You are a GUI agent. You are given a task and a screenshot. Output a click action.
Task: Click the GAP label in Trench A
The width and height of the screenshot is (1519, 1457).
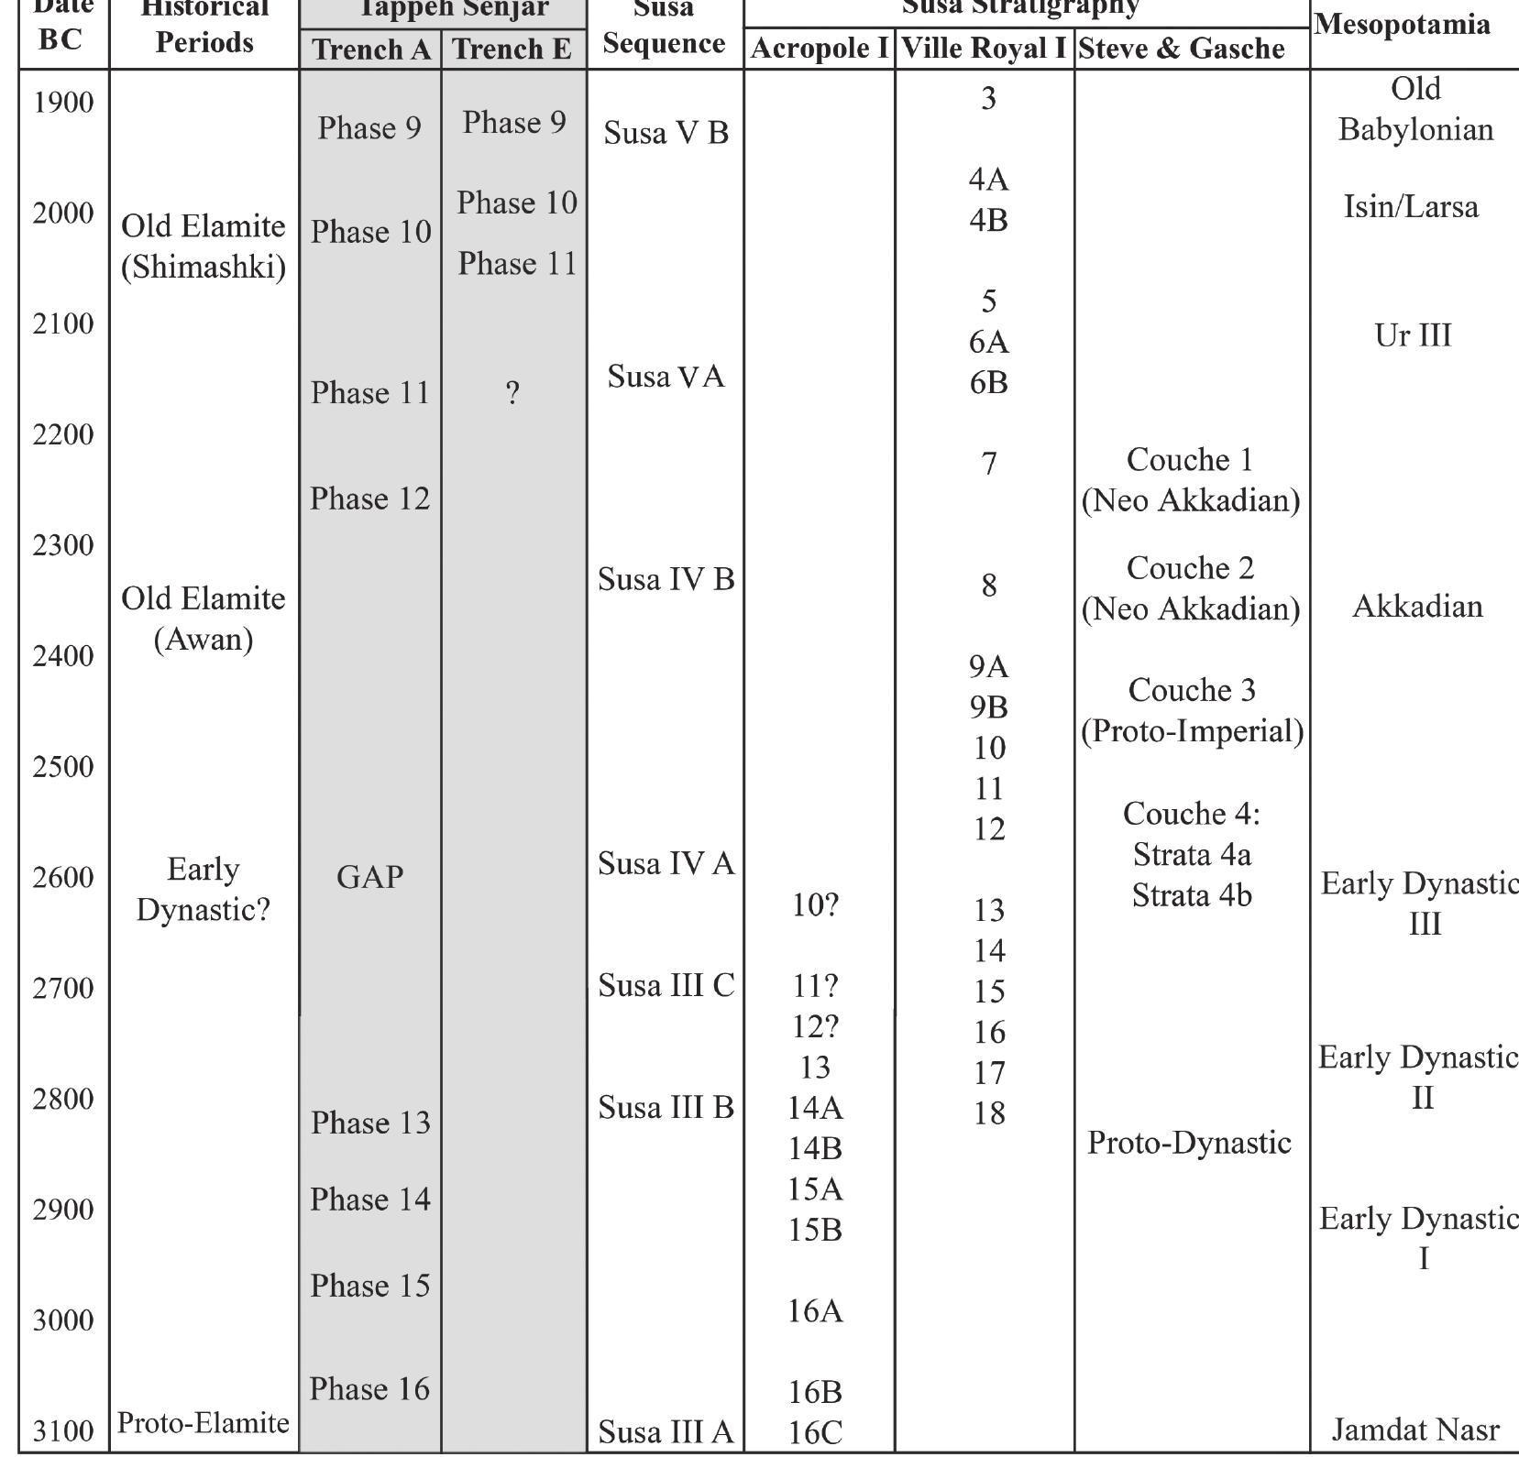[x=369, y=877]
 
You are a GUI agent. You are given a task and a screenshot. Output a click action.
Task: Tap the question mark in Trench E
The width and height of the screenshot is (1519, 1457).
[x=512, y=393]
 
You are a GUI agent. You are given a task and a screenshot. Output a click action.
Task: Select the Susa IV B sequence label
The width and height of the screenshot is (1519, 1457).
[x=666, y=579]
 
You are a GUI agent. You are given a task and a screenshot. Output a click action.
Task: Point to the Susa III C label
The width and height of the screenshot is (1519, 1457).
[x=666, y=985]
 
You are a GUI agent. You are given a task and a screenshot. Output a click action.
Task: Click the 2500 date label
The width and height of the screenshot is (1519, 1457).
[x=63, y=766]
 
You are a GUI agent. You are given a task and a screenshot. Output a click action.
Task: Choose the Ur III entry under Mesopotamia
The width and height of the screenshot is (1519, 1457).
[x=1413, y=335]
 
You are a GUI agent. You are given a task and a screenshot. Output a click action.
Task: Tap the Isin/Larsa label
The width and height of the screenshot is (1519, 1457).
[x=1411, y=207]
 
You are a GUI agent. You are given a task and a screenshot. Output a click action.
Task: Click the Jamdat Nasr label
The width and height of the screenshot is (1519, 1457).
[x=1414, y=1430]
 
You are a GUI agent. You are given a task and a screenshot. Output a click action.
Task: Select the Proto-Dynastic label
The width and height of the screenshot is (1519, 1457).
[x=1189, y=1142]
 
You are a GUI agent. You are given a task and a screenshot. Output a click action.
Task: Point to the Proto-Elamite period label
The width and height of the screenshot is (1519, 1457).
[x=204, y=1422]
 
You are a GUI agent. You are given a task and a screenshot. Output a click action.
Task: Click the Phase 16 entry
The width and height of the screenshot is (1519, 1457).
[x=369, y=1388]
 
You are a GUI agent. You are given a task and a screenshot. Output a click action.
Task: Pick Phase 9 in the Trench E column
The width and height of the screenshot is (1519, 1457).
[x=514, y=122]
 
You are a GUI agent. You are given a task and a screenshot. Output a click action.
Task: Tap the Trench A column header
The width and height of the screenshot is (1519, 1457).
[x=370, y=49]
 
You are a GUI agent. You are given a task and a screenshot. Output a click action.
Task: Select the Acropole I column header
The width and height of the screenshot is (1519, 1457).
[x=820, y=49]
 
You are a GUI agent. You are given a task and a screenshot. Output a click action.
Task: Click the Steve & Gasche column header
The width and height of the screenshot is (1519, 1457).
[x=1181, y=49]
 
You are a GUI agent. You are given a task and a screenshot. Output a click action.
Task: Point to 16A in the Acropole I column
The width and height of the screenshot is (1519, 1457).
[x=815, y=1310]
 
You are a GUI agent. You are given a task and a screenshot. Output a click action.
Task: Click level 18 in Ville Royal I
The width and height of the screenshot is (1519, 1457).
[x=989, y=1112]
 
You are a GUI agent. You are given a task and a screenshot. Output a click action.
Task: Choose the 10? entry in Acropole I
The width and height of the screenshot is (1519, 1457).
[x=815, y=905]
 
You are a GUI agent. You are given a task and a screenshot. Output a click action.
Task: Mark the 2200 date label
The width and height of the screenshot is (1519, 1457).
[x=63, y=434]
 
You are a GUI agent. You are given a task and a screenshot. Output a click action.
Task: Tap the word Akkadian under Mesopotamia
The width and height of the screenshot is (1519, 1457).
[x=1417, y=606]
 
